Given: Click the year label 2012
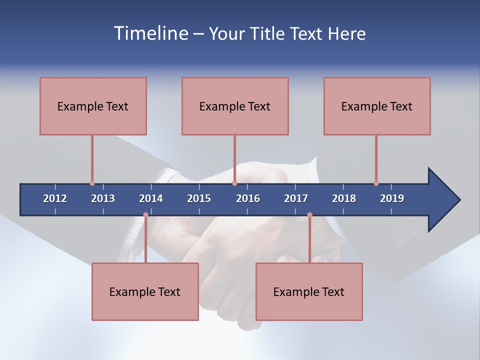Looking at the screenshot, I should coord(55,198).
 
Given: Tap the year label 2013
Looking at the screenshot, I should coord(103,198).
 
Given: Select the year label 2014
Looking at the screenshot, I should coord(151,198).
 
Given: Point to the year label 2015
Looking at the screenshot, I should coord(199,198).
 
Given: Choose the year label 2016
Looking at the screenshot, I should coord(248,198).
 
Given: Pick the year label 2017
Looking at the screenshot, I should coord(296,198).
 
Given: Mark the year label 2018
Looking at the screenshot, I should coord(344,198).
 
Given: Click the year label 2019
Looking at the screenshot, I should coord(392,198).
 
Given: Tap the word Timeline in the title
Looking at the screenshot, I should coord(150,33).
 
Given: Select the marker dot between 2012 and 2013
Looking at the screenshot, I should coord(92,183).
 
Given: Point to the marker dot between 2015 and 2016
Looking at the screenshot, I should coord(234,183).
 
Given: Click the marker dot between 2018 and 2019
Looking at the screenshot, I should coord(376,183).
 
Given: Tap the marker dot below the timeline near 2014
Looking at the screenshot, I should coord(145,215).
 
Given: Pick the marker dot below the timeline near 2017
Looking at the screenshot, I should coord(309,215).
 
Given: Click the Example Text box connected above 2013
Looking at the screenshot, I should coord(93,106).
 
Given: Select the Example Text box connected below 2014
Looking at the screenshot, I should coord(145,291).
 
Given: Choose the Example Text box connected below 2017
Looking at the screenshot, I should coord(309,291).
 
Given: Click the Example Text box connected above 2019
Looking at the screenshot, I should coord(377,106).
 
